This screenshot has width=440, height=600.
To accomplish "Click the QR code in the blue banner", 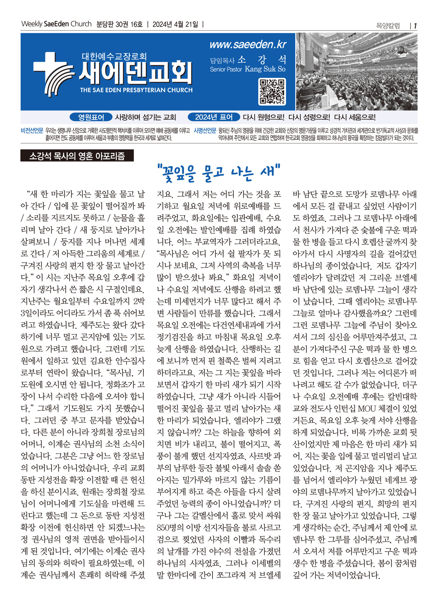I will click(x=272, y=92).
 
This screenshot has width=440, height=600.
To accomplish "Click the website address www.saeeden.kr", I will click(x=248, y=45).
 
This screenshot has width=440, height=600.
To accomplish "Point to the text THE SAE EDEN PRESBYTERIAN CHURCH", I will click(x=136, y=90).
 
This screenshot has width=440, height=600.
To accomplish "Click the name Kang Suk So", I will click(x=265, y=69).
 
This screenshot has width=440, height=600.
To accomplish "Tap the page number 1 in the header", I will click(x=415, y=26).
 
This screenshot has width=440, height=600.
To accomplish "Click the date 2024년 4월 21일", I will click(x=175, y=24).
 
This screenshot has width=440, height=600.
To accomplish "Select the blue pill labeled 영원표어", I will click(x=91, y=117).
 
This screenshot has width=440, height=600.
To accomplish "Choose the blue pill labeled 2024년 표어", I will click(x=213, y=117).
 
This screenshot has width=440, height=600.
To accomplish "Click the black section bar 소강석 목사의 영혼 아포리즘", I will click(x=77, y=156).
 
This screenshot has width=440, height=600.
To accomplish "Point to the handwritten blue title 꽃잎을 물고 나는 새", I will click(x=219, y=173).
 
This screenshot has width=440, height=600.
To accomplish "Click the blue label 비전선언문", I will click(x=32, y=131).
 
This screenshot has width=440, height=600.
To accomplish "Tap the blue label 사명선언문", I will click(x=205, y=131).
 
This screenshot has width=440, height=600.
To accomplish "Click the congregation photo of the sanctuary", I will click(x=356, y=72).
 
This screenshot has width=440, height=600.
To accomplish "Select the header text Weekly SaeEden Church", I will click(x=56, y=24).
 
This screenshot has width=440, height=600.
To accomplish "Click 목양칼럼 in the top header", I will click(x=388, y=26).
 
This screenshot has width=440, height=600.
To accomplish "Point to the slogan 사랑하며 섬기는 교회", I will click(x=145, y=117).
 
